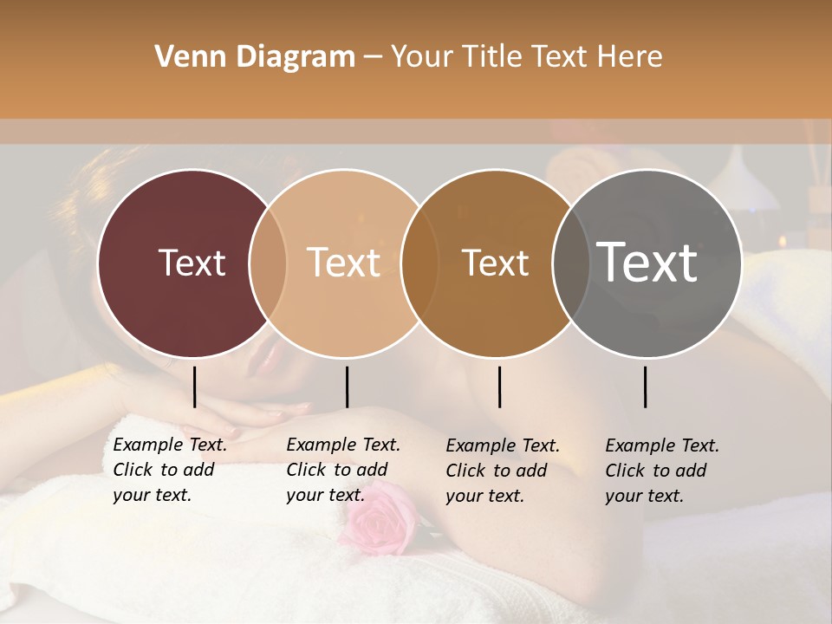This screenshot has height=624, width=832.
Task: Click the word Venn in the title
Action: click(183, 57)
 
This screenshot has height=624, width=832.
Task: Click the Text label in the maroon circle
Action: click(192, 263)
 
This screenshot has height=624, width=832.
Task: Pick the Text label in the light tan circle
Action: click(344, 263)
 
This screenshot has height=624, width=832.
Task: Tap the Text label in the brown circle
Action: click(495, 263)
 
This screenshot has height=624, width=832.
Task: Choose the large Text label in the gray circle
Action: click(647, 263)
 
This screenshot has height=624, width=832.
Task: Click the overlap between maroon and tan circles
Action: click(268, 263)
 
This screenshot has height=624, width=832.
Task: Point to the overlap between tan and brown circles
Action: click(419, 263)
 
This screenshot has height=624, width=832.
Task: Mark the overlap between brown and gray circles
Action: click(571, 263)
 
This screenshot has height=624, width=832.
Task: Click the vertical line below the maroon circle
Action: click(194, 387)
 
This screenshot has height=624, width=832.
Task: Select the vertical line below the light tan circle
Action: click(347, 387)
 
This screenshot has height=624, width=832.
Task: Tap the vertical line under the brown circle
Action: click(499, 387)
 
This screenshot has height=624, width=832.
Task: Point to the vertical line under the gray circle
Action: click(645, 387)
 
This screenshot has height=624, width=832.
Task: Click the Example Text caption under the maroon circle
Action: click(170, 470)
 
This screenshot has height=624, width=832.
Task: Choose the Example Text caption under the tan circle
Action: click(343, 470)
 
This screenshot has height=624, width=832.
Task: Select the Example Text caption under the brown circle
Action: click(503, 471)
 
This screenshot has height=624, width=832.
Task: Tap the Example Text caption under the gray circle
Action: click(662, 471)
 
